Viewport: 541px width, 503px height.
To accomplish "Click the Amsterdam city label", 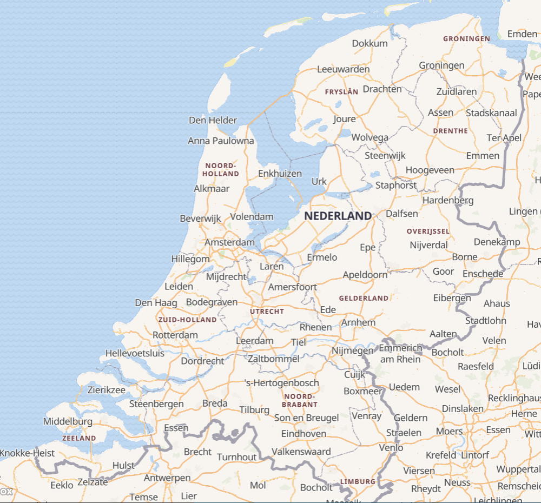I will pos(229,242).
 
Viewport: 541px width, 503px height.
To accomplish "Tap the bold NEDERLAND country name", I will pos(338,216).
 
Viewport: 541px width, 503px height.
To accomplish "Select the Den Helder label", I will pos(213,120).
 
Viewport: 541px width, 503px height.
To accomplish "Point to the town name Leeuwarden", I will pos(343,69).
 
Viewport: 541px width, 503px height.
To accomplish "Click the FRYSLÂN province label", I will pos(341,92).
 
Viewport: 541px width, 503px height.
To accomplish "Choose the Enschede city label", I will pos(483,274).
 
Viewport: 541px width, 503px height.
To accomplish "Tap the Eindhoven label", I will pos(304,434).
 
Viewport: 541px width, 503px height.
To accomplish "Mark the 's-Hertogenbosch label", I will pos(282,383).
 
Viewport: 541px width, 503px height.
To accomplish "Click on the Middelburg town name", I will pos(68,421).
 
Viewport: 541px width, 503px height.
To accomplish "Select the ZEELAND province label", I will pos(79,438).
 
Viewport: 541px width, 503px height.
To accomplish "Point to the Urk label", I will pos(319,181).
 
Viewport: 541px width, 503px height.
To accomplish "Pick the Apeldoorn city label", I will pos(365,275).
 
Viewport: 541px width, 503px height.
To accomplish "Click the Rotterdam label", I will pos(175,335).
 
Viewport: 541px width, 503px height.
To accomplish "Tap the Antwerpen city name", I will pos(167,478).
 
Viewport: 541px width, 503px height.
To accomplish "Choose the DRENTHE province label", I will pos(451,131).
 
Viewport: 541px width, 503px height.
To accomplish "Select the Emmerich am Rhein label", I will pos(400,353).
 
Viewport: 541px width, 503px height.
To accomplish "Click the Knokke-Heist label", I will pos(27,453).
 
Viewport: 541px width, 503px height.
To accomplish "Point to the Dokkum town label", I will pos(370,43).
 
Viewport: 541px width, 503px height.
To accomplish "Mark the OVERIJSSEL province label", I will pos(428,231).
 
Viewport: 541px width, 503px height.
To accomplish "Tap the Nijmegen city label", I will pos(353,350).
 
